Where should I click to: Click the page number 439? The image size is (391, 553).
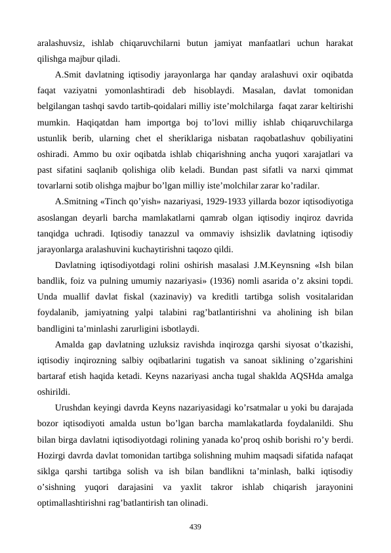point(195,527)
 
